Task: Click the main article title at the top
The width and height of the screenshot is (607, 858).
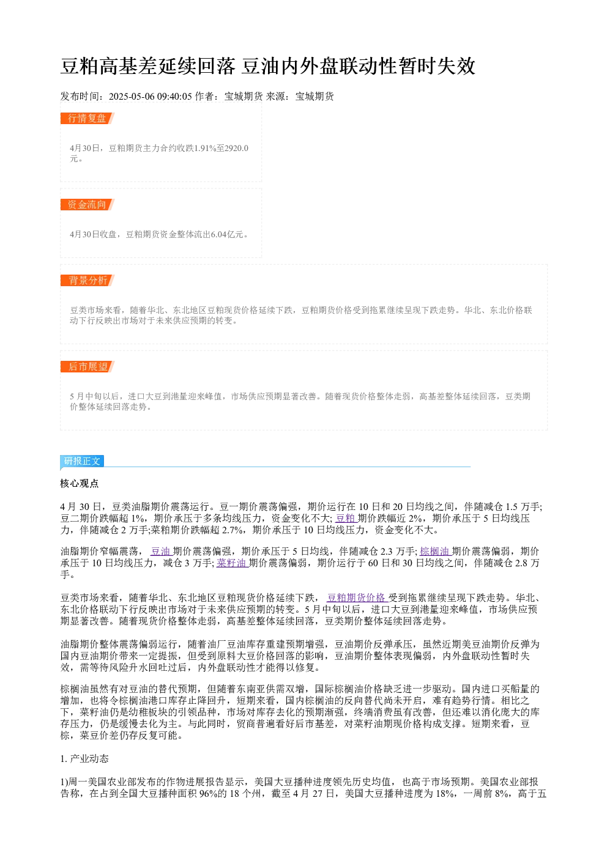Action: (x=268, y=66)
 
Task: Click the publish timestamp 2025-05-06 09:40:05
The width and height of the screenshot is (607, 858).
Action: (x=150, y=96)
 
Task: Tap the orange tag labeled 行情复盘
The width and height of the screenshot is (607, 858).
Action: (x=87, y=119)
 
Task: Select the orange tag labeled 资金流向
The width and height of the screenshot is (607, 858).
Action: (x=87, y=204)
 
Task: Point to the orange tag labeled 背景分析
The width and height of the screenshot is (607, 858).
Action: (x=87, y=280)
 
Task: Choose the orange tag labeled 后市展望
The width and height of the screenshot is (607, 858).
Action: (x=87, y=366)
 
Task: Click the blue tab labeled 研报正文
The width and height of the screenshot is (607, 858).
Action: (x=82, y=460)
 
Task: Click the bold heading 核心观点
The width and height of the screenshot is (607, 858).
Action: (x=80, y=483)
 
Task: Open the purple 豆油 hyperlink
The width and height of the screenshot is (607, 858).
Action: (x=160, y=551)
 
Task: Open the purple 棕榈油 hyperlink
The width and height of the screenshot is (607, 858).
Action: (x=434, y=551)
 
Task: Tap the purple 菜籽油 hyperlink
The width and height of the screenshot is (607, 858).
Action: (x=231, y=563)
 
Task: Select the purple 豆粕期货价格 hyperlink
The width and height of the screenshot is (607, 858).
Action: (x=356, y=597)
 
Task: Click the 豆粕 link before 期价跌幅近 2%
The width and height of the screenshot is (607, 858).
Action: (x=346, y=518)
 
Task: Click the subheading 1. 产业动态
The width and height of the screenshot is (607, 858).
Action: (x=84, y=759)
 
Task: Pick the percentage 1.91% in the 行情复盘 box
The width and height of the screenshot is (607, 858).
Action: (x=205, y=148)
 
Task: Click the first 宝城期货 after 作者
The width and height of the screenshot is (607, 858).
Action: (x=244, y=96)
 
